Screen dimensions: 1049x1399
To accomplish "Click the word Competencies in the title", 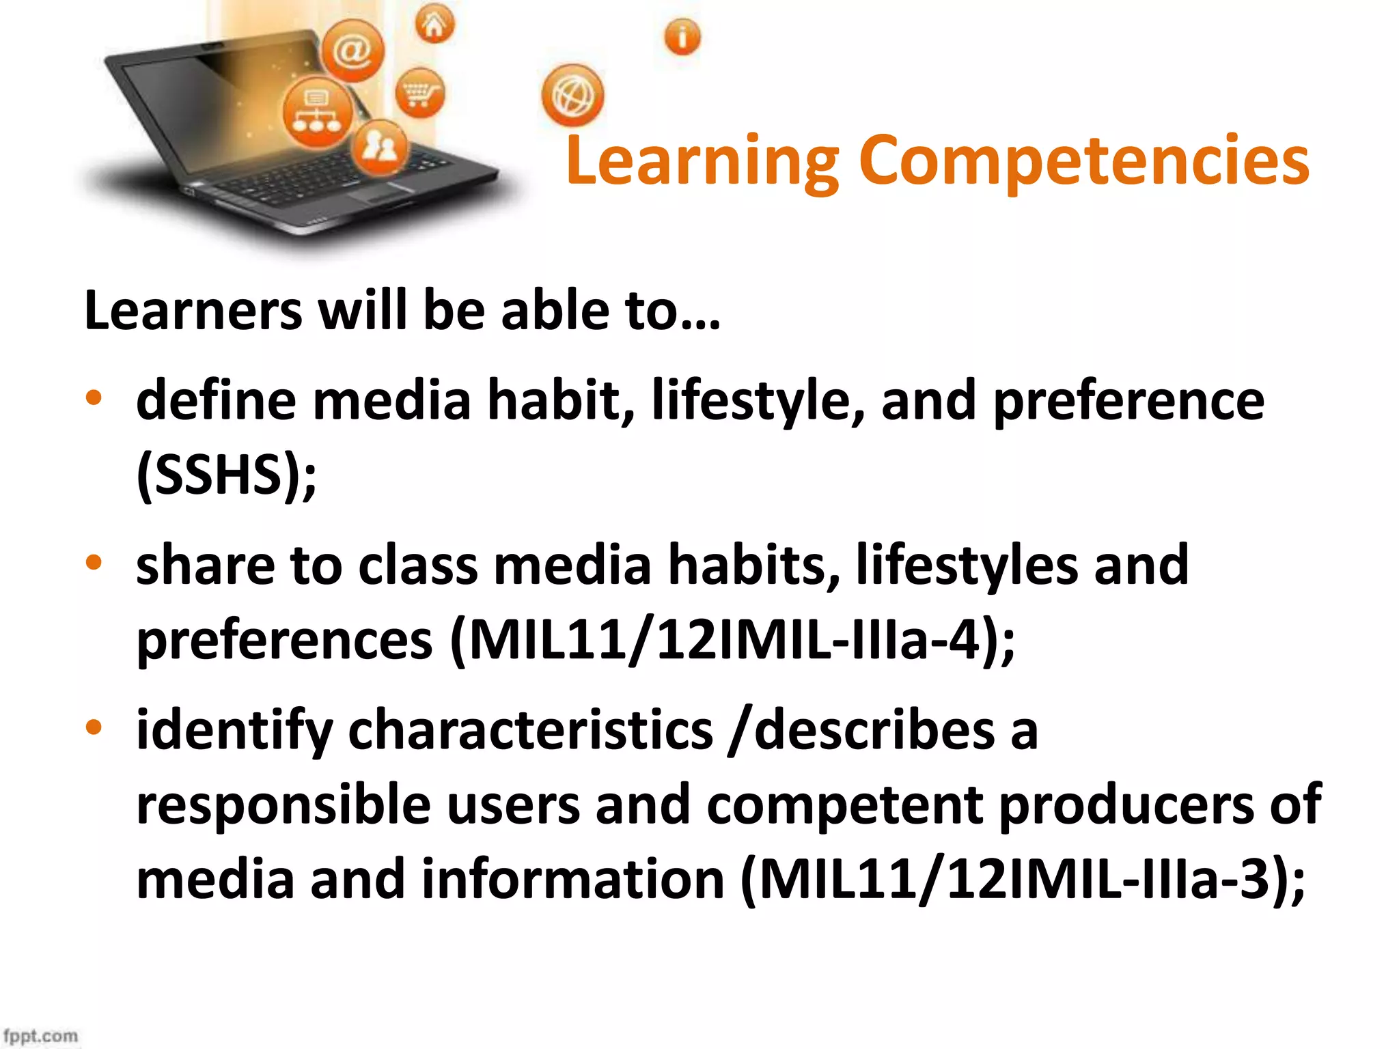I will click(1083, 160).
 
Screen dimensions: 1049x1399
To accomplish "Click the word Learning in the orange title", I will click(702, 160).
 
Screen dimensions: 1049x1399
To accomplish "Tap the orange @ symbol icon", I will click(352, 51).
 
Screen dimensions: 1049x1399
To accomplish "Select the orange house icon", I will click(434, 25).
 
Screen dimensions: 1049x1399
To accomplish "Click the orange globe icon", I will click(572, 96).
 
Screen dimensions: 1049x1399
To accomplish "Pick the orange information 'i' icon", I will click(682, 37).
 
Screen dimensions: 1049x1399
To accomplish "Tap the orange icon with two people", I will click(380, 146).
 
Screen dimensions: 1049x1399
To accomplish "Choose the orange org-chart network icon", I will click(317, 113).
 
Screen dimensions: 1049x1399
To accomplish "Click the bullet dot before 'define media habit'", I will click(94, 397).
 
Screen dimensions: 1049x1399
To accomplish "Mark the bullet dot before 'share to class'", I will click(94, 563).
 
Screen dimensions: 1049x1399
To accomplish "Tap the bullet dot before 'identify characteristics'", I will click(94, 727).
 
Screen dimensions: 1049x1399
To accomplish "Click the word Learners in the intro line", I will click(193, 311).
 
